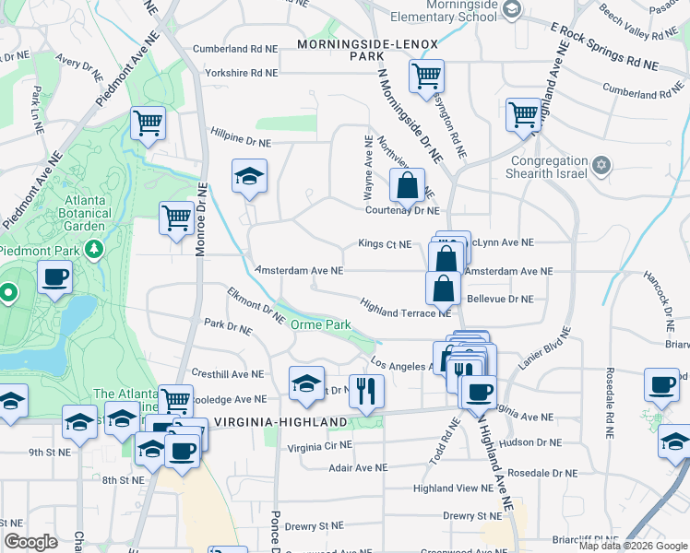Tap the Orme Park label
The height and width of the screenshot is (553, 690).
pos(321,325)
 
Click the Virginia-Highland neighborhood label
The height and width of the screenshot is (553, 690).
pos(280,422)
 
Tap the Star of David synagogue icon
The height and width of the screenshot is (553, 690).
pos(601,166)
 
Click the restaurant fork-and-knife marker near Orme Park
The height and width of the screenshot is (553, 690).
pos(366,391)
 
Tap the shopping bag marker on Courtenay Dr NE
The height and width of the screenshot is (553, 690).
pos(407,186)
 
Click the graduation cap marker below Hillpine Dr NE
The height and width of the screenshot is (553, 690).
pos(248,177)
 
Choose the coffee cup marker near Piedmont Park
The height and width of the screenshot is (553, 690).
pos(55,276)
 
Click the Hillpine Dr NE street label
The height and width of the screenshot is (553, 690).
pos(241,143)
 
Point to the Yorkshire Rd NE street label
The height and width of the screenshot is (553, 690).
pos(241,73)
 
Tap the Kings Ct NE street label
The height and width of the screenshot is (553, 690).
pos(384,244)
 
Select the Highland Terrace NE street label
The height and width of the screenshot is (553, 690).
pos(405,313)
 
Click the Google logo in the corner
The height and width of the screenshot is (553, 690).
pos(30,542)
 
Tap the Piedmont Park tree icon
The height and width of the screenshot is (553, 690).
pos(93,250)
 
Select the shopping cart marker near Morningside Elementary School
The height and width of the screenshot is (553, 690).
pos(426,76)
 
